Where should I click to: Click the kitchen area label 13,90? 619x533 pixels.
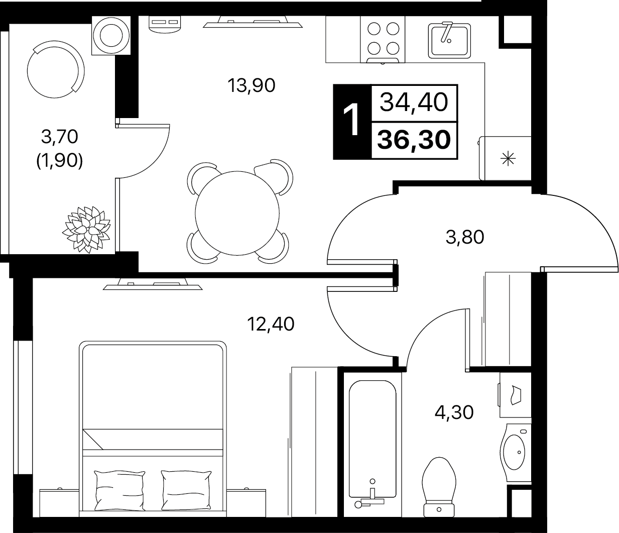point(251,85)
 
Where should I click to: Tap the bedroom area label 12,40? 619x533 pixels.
point(271,324)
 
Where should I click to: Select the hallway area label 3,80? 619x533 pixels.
point(465,237)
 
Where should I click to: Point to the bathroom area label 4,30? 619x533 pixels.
point(454,412)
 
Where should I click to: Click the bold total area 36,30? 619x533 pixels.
point(414,140)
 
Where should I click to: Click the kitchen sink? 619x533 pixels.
point(449,41)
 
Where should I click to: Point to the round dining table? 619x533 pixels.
point(237,213)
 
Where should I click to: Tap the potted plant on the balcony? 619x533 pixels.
point(86,230)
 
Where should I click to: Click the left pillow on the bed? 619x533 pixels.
point(120,491)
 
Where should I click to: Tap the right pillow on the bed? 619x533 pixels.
point(186,490)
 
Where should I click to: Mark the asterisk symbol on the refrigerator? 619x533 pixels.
point(508,158)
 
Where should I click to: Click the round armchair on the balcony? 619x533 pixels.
point(56,69)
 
